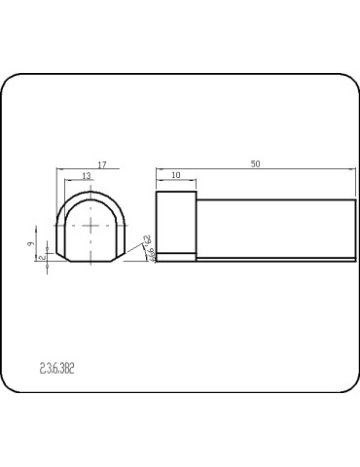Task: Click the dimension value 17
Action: pyautogui.click(x=102, y=164)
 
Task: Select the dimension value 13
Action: pyautogui.click(x=89, y=175)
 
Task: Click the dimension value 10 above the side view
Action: pyautogui.click(x=175, y=175)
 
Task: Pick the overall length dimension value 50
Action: pyautogui.click(x=255, y=164)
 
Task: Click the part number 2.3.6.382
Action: pyautogui.click(x=57, y=369)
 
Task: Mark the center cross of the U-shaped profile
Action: pyautogui.click(x=91, y=226)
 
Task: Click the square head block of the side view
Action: pyautogui.click(x=176, y=222)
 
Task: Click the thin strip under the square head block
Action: pyautogui.click(x=176, y=257)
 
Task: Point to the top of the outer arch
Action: pyautogui.click(x=91, y=191)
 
